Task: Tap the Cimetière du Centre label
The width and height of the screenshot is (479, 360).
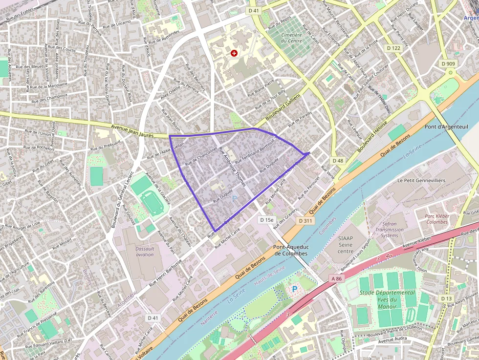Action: click(x=291, y=38)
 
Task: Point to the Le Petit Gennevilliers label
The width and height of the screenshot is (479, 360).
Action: click(x=421, y=180)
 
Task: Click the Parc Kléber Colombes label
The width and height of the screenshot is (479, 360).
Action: click(x=436, y=218)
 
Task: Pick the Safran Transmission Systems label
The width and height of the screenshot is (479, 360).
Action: click(x=390, y=230)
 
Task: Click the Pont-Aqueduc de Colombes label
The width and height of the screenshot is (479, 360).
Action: click(x=291, y=250)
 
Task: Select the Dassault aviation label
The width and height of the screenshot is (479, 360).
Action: click(x=145, y=251)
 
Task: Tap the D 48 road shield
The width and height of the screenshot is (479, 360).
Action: click(x=338, y=161)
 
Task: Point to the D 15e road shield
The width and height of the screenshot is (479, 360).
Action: click(x=267, y=220)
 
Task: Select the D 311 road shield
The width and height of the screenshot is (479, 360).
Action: click(x=305, y=221)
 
